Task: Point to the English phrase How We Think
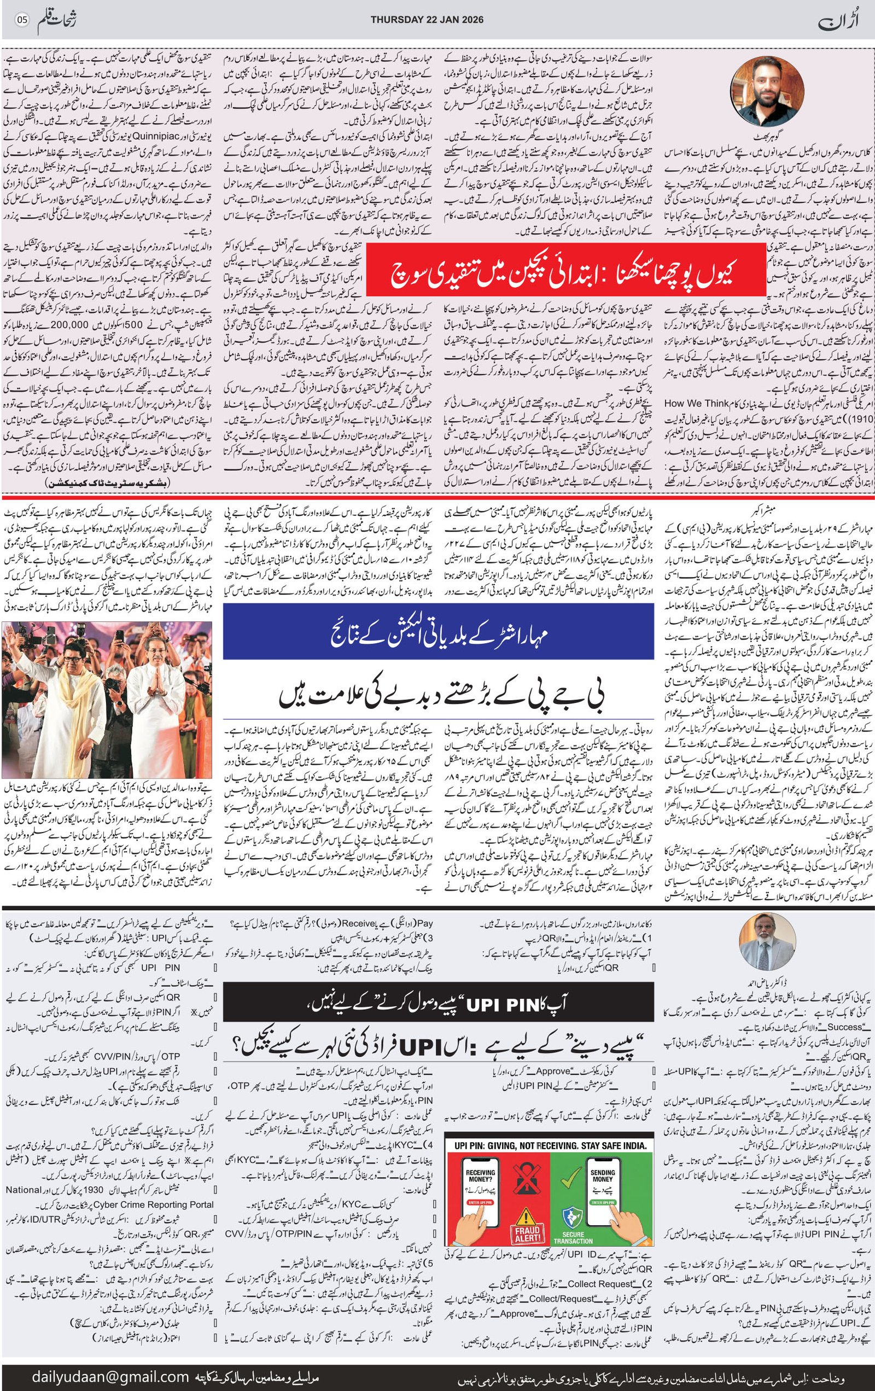click(698, 404)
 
